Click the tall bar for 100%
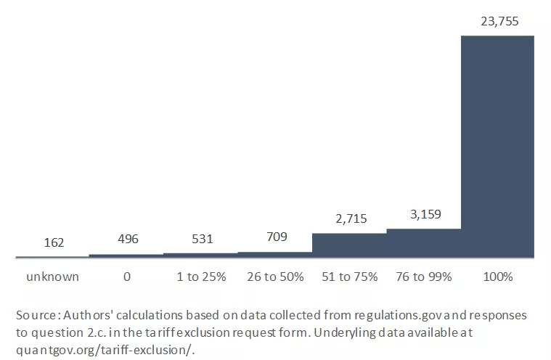coord(497,145)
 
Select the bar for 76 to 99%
coord(423,243)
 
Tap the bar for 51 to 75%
coord(349,245)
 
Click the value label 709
coord(275,237)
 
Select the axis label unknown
coord(52,277)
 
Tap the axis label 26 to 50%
coord(275,277)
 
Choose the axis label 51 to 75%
coord(349,277)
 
